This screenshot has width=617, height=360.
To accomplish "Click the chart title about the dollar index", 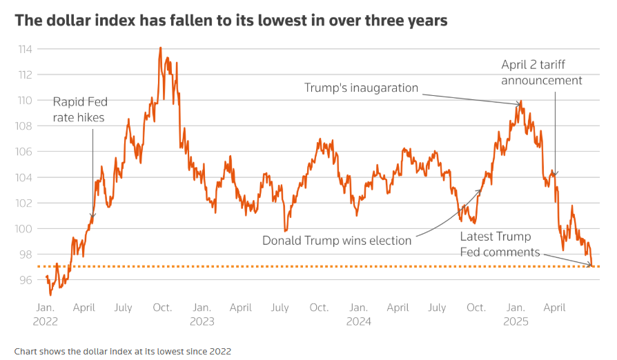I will pos(231,21).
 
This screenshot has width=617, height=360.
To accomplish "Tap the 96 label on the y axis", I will pos(26,279).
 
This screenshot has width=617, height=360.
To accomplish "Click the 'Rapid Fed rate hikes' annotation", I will pos(80,110).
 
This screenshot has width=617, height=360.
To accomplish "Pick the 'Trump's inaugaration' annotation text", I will pos(361,88).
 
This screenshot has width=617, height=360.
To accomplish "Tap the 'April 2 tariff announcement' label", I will pos(542,72).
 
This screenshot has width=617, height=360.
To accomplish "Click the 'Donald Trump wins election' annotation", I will pos(337,241).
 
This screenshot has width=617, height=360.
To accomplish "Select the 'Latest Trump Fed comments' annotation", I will pos(500,245).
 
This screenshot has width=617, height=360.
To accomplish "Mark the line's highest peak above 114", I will pos(161,48).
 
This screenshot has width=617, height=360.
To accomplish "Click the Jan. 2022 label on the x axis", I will pos(46,314).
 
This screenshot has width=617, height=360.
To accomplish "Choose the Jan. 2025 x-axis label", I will pos(516,314).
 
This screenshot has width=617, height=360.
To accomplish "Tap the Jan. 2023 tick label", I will pos(202,314).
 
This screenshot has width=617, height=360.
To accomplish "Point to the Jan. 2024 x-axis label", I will pos(358,314).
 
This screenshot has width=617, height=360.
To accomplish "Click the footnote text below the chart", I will pos(122,351).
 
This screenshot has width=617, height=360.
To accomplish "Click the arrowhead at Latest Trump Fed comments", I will pos(591,265).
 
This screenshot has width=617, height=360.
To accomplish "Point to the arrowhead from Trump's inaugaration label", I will pos(520,105).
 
